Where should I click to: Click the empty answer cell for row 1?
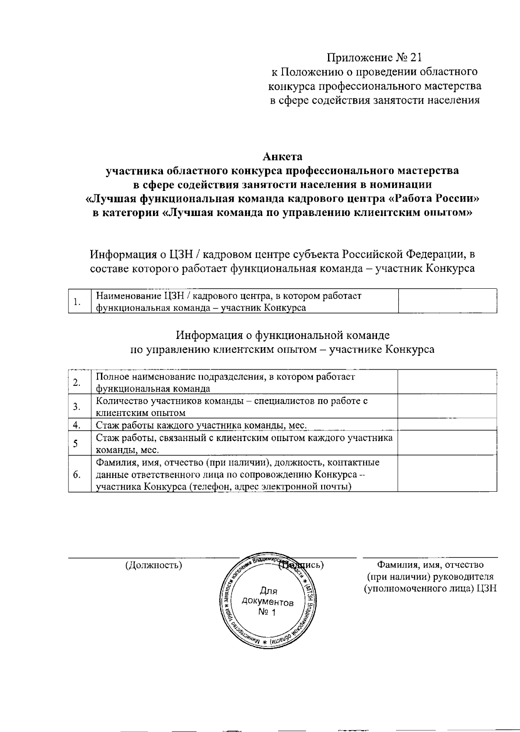click(x=447, y=301)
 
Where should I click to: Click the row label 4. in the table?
click(x=77, y=425)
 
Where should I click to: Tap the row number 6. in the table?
click(x=77, y=474)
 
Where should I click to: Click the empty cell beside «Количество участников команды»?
click(x=447, y=406)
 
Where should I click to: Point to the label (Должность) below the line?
click(x=153, y=565)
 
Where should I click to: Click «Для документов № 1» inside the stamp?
click(x=268, y=602)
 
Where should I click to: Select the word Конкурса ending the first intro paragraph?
click(x=450, y=268)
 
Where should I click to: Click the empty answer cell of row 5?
click(x=447, y=443)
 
